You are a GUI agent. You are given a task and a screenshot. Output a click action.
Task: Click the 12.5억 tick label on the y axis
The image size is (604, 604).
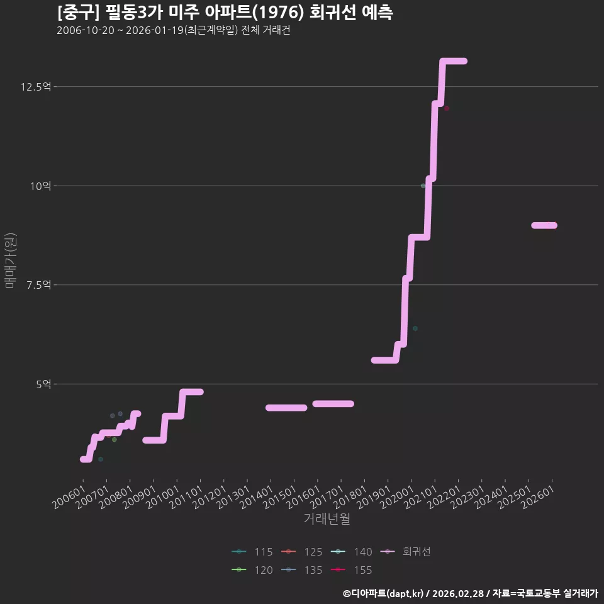pos(36,87)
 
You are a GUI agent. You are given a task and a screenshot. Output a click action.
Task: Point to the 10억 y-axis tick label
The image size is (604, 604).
pos(40,186)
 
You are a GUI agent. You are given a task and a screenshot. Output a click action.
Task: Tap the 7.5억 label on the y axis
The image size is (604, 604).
pos(39,285)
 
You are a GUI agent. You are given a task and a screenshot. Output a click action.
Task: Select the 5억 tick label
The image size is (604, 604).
pos(43,384)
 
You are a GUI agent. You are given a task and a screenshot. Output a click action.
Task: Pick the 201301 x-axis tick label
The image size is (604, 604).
pos(233,497)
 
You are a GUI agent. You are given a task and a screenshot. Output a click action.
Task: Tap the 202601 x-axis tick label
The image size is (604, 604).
pos(538,497)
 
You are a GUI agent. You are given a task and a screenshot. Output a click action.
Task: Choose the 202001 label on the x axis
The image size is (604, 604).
pos(397,497)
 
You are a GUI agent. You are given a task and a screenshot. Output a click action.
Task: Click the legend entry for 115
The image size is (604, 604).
pos(252,552)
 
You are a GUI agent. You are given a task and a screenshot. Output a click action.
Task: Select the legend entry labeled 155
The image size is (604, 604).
pos(351,570)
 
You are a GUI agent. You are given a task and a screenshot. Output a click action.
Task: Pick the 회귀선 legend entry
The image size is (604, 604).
pos(406,552)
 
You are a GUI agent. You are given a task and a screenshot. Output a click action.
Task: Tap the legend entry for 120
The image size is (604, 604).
pos(252,570)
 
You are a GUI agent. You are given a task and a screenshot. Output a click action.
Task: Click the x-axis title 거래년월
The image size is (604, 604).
pos(327,518)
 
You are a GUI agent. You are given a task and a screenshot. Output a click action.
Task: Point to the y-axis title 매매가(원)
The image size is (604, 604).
pos(11,260)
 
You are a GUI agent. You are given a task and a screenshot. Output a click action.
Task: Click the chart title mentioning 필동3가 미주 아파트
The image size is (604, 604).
pos(225,13)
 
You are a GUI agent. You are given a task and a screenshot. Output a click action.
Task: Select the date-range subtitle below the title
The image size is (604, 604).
pos(174,30)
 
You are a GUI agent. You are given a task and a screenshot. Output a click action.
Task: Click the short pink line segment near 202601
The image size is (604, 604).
pos(544,225)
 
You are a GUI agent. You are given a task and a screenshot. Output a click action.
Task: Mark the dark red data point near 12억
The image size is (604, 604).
pos(447,109)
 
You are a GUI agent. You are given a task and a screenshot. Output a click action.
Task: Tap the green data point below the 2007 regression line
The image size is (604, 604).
pos(114,440)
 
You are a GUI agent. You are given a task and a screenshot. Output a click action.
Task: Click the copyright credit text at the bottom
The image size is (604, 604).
pos(471,593)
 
